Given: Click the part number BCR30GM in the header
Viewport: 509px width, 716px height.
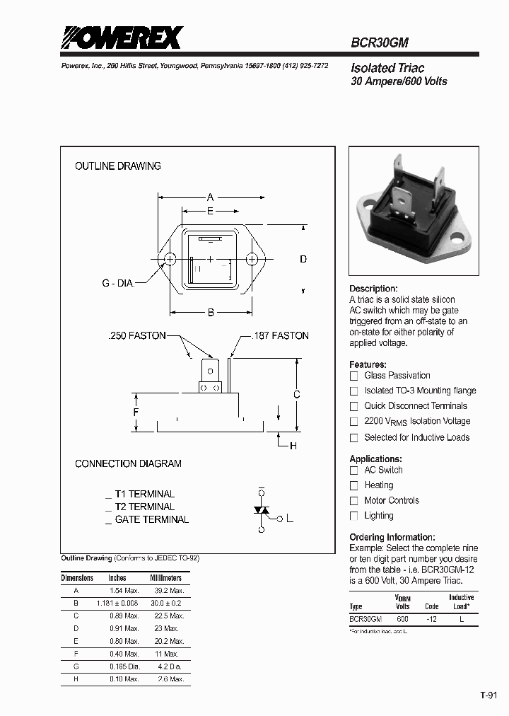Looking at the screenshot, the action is point(380,42).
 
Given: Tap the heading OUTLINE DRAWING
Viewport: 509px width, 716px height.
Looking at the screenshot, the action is point(118,166).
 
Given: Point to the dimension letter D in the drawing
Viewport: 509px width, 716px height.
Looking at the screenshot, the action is point(303,259).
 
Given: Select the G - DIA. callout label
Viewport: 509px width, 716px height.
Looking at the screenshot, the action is point(117,283).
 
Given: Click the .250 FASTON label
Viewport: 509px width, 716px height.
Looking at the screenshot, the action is point(136,335).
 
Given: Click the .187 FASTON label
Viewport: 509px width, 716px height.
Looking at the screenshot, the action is point(280,335).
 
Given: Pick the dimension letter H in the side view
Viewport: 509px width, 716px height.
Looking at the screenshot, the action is point(293,445).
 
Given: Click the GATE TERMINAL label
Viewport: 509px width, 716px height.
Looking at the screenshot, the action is point(151,519).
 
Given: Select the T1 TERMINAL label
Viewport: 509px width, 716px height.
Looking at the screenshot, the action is point(144,494).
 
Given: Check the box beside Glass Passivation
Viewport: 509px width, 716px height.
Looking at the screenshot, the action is point(354,376).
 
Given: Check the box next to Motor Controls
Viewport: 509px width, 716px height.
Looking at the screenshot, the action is point(354,501).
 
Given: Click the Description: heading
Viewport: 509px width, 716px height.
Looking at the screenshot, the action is point(374,289).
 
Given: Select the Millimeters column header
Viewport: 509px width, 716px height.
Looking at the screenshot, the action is point(166,578).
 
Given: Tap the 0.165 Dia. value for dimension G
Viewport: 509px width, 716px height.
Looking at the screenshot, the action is point(124,666).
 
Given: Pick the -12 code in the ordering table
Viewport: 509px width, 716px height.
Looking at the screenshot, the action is point(431,618).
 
